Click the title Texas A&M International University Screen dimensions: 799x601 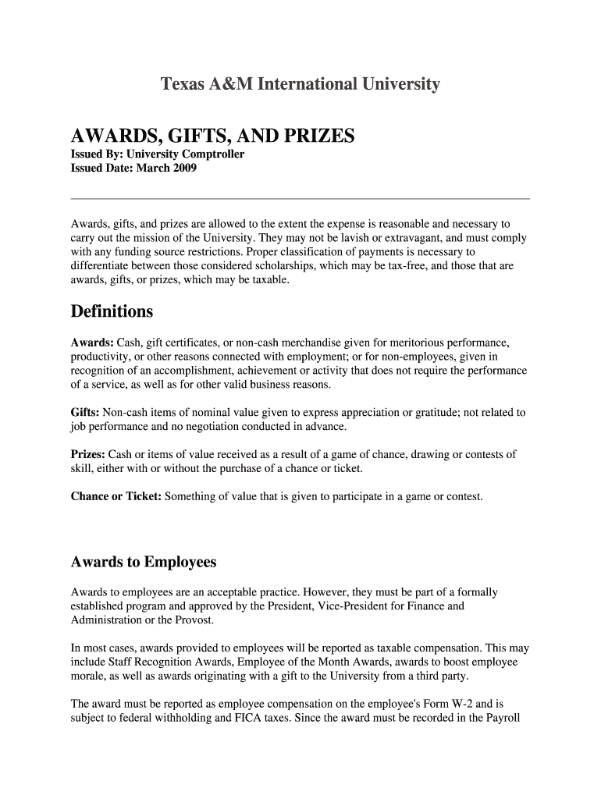tap(300, 84)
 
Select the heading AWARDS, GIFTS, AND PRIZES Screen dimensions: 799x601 tap(212, 137)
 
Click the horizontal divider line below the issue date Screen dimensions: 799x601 tap(300, 199)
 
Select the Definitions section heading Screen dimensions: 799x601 tap(112, 312)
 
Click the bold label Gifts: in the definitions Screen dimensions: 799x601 tap(85, 412)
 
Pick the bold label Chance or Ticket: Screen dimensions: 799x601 tap(116, 495)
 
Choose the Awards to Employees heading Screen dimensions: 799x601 tap(143, 563)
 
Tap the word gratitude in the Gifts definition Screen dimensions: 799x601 tap(434, 412)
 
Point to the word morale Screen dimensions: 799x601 tap(87, 676)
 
